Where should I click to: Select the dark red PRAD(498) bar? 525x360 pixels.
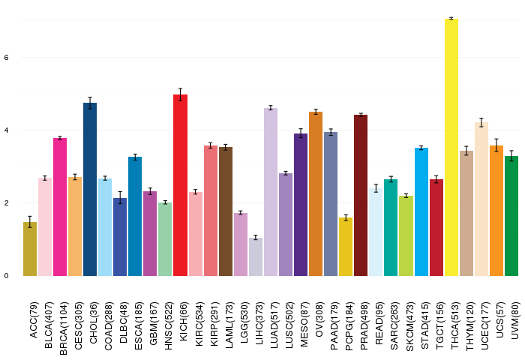click(x=361, y=195)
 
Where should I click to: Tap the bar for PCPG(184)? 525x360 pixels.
click(x=346, y=247)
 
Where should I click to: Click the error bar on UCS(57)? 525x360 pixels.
click(x=496, y=145)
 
